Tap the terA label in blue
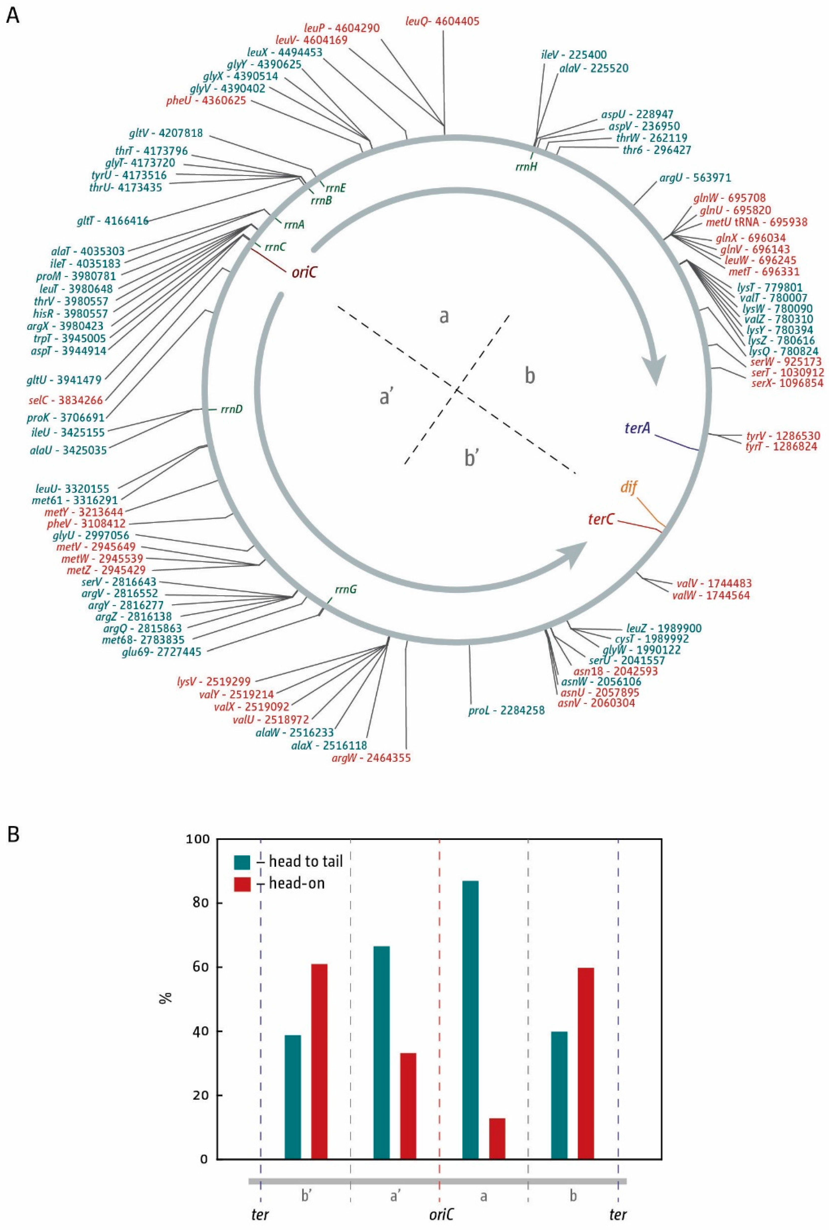point(637,428)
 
